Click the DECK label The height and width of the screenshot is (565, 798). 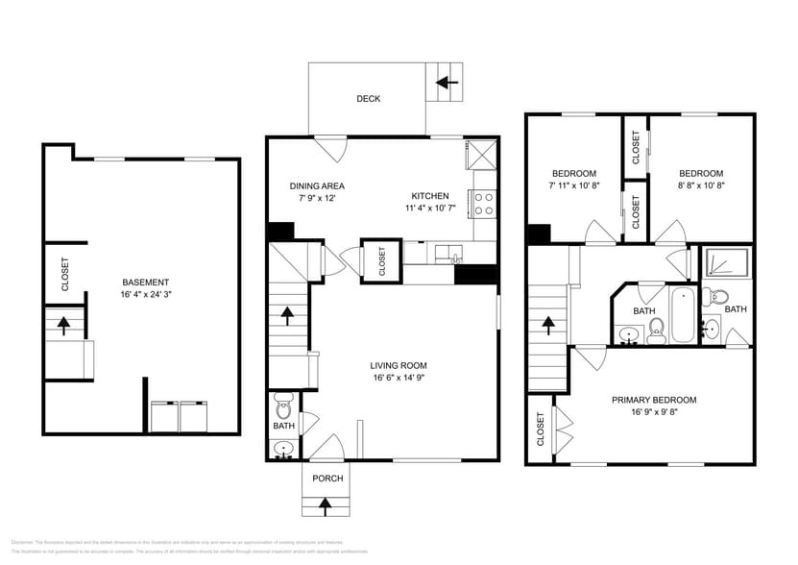tap(368, 99)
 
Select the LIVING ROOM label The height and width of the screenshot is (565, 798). tap(399, 365)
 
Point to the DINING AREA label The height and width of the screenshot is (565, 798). tap(317, 186)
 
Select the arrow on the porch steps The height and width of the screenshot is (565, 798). tap(325, 504)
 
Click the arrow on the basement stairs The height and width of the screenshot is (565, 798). tap(64, 324)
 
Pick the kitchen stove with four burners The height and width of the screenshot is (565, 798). tap(484, 203)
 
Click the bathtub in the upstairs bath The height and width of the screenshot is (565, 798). tap(683, 316)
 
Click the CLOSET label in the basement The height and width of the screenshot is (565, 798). tap(65, 274)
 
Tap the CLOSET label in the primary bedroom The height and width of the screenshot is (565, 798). tap(541, 430)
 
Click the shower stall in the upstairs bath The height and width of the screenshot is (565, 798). tap(724, 263)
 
